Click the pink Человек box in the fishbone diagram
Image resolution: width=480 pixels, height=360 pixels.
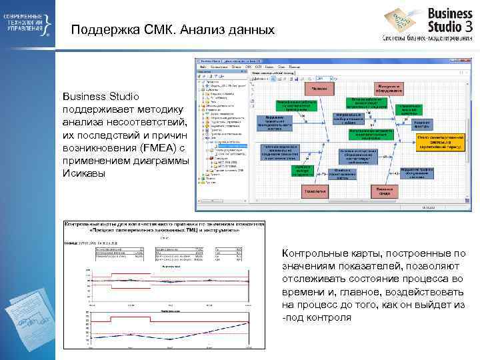tap(320, 88)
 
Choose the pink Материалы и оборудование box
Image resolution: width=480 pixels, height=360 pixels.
tap(389, 87)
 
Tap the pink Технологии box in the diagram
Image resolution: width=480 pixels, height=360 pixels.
tap(315, 191)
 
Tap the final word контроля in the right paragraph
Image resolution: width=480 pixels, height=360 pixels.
tap(331, 317)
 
